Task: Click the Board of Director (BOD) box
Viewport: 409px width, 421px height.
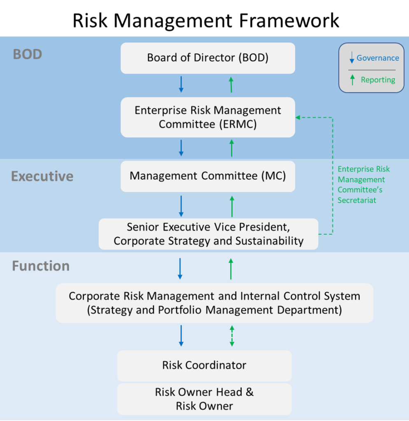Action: coord(208,58)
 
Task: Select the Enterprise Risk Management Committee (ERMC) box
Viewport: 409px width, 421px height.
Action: coord(208,117)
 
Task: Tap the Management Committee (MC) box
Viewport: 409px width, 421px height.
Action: coord(208,176)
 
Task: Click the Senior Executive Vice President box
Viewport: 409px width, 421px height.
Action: coord(208,234)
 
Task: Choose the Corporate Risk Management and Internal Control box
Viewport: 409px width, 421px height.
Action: coord(214,303)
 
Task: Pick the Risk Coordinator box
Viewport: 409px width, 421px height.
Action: coord(204,365)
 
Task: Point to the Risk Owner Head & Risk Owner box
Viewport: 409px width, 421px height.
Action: coord(204,399)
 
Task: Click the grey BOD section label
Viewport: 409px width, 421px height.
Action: coord(28,54)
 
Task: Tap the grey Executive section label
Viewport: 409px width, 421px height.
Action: coord(42,176)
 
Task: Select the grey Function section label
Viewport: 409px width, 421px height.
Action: coord(41,266)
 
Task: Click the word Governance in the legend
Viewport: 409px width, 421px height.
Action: coord(378,58)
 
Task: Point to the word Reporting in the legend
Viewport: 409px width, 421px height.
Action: coord(378,80)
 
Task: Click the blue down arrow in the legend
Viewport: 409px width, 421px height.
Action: coord(352,58)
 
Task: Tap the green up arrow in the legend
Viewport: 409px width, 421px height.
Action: coord(352,80)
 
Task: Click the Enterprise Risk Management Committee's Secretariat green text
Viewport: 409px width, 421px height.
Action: coord(363,185)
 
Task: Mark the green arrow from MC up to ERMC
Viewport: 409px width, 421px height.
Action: coord(232,148)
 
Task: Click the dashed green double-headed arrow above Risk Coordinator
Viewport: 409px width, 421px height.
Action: coord(232,336)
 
